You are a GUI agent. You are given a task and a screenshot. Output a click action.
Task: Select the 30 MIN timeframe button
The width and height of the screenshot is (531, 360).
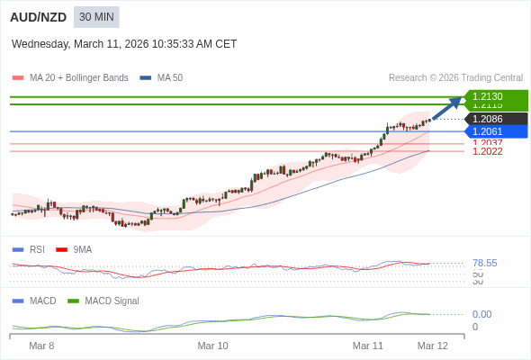[x=96, y=16]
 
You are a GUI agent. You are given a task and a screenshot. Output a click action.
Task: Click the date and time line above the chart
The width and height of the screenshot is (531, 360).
[x=124, y=43]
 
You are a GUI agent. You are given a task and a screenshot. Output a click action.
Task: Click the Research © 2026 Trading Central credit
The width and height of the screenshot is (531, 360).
[x=455, y=77]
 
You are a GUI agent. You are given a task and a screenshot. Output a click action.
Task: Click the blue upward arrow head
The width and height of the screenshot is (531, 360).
[x=455, y=101]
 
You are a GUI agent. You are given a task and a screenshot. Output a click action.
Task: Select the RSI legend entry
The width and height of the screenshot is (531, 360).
[x=36, y=249]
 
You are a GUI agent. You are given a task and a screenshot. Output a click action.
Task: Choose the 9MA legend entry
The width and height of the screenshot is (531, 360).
[x=82, y=249]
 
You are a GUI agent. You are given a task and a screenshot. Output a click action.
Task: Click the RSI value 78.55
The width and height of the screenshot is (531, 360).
[x=484, y=263]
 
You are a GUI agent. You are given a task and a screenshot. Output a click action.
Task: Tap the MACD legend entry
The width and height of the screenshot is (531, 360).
[x=42, y=301]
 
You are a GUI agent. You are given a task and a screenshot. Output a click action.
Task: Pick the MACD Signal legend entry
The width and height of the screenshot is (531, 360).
[x=112, y=301]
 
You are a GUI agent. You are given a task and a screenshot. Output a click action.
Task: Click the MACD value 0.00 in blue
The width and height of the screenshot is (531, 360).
[x=481, y=314]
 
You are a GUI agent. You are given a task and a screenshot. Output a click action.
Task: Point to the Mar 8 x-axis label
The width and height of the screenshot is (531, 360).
[x=41, y=346]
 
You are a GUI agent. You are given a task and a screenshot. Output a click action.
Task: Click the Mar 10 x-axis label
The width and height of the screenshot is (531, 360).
[x=212, y=346]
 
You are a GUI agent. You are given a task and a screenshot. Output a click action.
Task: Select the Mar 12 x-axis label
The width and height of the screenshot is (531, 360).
[x=432, y=346]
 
